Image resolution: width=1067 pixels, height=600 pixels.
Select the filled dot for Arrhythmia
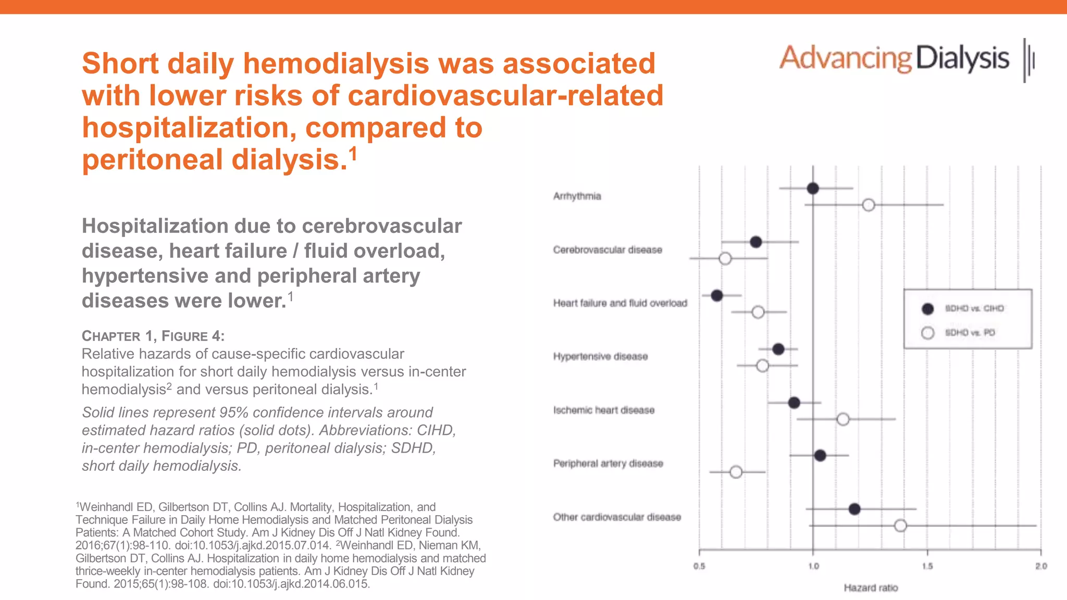tap(812, 188)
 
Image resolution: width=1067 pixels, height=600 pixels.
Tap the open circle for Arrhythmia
tap(868, 205)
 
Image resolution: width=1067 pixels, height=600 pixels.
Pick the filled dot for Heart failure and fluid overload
tap(716, 295)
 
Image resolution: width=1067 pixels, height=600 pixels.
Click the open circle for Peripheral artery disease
tap(736, 472)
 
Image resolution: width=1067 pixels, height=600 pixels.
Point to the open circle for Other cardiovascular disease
tap(900, 526)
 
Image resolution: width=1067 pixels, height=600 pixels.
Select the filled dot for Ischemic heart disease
tap(794, 403)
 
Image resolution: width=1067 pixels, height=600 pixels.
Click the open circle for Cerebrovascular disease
tap(725, 258)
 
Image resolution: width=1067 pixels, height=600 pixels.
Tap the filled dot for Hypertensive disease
tap(778, 349)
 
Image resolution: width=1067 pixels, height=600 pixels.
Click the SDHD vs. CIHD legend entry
tap(973, 308)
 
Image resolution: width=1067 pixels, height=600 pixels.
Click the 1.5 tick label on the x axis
tap(927, 566)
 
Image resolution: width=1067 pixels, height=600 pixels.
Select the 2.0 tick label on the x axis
tap(1040, 566)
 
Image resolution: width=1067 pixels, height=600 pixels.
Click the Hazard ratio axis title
tap(871, 587)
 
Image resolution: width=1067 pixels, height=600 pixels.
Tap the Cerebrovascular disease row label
tap(607, 250)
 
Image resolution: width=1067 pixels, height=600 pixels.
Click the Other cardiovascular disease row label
tap(617, 517)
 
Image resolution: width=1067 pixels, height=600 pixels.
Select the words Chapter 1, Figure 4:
tap(153, 336)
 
